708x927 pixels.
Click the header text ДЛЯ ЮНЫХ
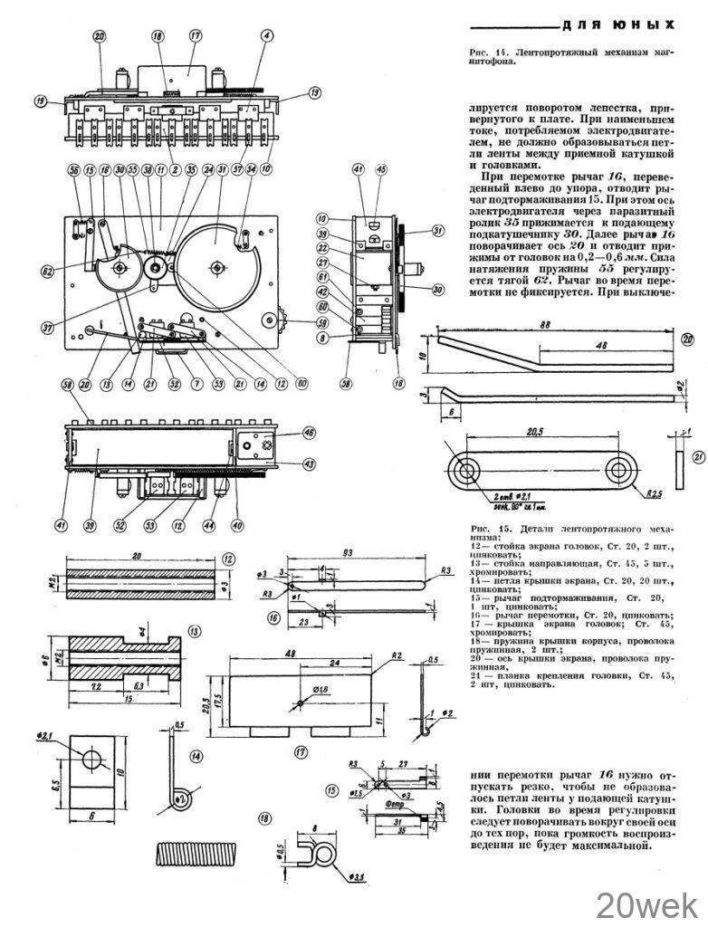pyautogui.click(x=619, y=24)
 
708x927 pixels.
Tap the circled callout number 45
pyautogui.click(x=381, y=168)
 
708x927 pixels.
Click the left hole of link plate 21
pyautogui.click(x=468, y=471)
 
